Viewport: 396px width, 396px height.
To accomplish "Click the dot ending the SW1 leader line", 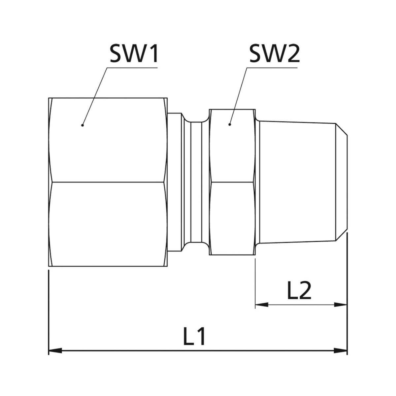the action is tap(82, 125).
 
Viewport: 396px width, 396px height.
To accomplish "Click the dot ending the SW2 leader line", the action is tap(230, 124).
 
